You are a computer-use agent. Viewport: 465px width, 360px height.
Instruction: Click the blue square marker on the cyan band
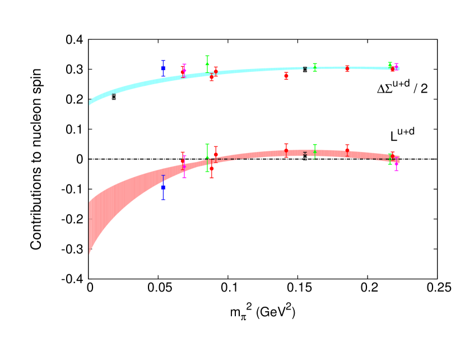pos(163,68)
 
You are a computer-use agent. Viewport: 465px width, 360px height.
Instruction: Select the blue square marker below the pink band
pos(163,187)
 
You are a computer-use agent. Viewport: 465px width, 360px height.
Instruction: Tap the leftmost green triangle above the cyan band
pos(207,63)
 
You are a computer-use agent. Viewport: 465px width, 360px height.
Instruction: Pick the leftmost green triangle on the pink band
pos(207,158)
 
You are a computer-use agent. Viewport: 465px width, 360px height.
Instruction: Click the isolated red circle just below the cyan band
pos(286,76)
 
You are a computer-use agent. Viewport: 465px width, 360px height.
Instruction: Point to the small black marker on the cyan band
pos(305,68)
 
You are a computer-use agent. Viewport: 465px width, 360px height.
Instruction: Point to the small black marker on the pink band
pos(305,154)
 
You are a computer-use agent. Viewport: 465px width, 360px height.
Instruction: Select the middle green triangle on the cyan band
pos(315,67)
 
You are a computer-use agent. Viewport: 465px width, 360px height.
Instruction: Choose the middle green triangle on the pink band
pos(315,151)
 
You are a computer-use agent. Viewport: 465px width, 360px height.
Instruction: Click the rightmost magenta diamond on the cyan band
pos(396,67)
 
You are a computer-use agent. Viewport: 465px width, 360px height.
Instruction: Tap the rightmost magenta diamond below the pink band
pos(396,164)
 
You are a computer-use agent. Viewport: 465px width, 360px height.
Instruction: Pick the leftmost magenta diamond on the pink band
pos(184,166)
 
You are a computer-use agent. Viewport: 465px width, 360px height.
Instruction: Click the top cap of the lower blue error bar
pos(163,176)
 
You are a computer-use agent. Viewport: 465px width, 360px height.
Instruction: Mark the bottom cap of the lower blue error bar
pos(163,200)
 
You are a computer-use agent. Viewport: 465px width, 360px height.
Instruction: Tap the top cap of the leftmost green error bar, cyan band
pos(207,56)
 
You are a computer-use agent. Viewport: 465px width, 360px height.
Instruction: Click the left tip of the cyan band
pos(90,103)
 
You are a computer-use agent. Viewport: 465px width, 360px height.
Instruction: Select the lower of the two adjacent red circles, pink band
pos(212,168)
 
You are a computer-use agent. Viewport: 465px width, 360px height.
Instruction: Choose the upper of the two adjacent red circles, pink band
pos(216,154)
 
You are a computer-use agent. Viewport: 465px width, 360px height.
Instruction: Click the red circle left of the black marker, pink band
pos(286,150)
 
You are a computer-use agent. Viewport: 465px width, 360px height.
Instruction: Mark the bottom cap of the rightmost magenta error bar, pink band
pos(396,170)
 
